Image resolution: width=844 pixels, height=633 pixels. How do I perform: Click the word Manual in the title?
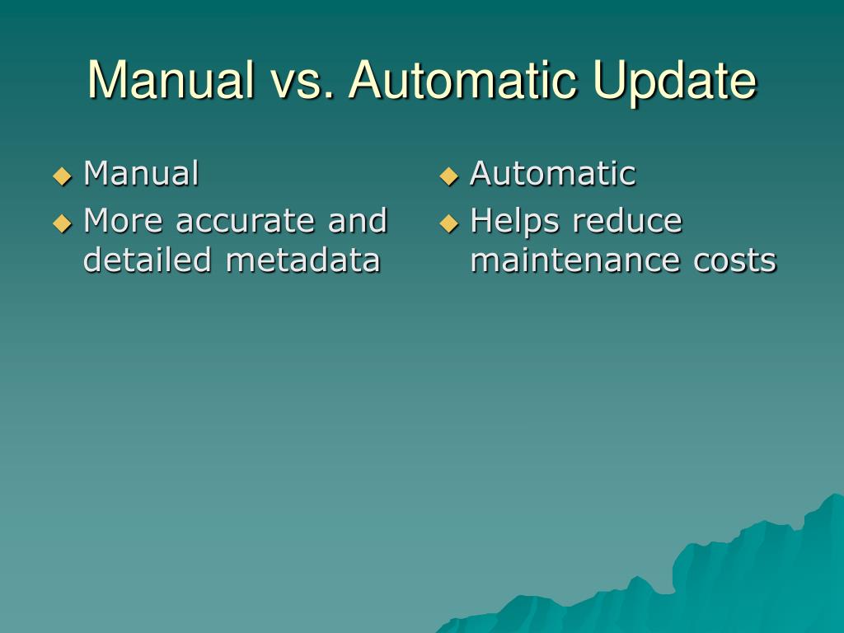pyautogui.click(x=171, y=81)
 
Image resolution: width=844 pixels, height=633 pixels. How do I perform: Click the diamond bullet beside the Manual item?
pyautogui.click(x=63, y=176)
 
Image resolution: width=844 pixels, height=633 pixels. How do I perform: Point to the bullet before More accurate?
pyautogui.click(x=63, y=223)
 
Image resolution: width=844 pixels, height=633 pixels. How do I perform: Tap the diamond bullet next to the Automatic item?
pyautogui.click(x=448, y=176)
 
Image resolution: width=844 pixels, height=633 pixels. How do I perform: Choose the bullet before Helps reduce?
pyautogui.click(x=448, y=223)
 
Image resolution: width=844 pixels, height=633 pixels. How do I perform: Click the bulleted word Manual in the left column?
pyautogui.click(x=141, y=174)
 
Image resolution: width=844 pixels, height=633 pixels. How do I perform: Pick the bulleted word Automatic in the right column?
pyautogui.click(x=552, y=174)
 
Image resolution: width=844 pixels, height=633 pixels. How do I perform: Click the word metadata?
pyautogui.click(x=302, y=260)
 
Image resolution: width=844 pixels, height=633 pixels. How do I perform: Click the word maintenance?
pyautogui.click(x=570, y=260)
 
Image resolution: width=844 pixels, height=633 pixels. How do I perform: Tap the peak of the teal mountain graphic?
pyautogui.click(x=834, y=497)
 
